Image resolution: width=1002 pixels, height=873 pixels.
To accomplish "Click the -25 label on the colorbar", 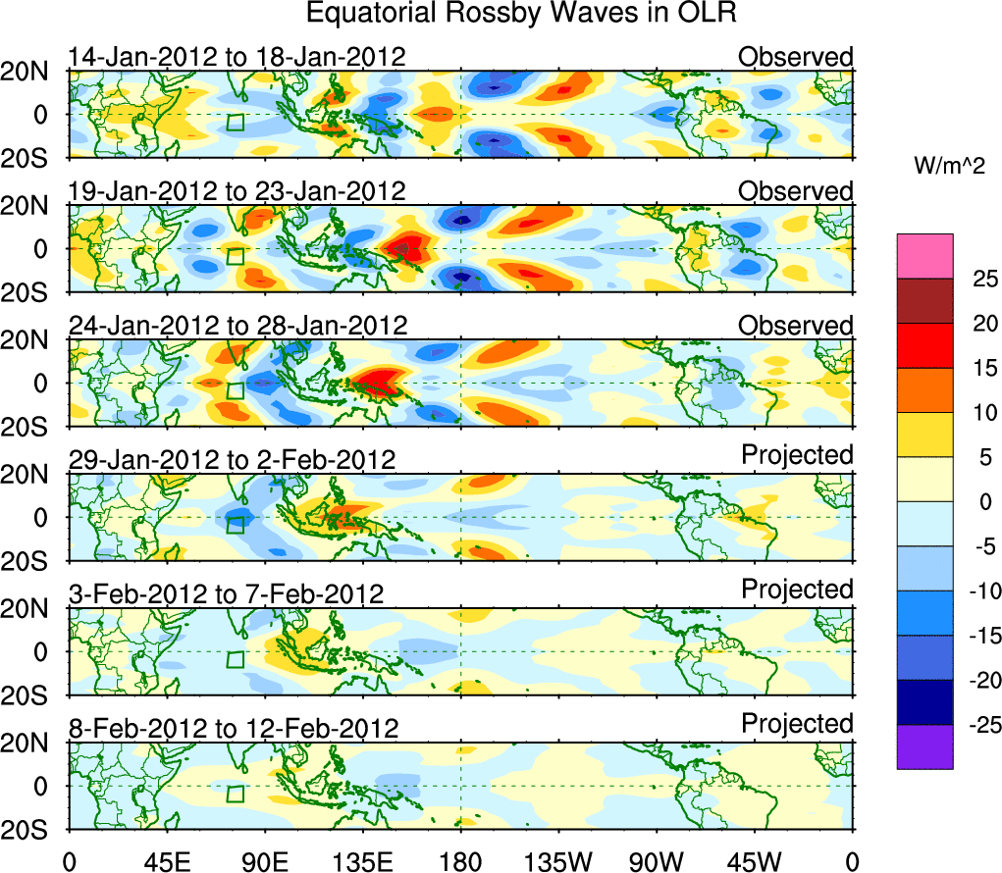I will pos(978,725).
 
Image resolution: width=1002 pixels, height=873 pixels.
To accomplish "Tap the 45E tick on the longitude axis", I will pos(165,860).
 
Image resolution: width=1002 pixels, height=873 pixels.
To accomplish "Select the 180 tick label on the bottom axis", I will pos(460,860).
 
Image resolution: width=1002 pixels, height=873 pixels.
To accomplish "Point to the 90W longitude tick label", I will pos(656,860).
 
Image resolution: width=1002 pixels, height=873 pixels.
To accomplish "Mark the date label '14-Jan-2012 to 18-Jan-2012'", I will pos(237,57).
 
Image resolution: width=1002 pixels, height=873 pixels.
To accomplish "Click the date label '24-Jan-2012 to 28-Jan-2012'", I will pos(237,326).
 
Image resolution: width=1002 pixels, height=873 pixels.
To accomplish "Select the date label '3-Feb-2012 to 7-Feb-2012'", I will pos(227,594).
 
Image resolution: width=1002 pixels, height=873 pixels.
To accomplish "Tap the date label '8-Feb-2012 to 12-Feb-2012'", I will pos(234,729).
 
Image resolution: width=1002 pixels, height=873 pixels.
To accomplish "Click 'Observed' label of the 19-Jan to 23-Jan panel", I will pos(796,191).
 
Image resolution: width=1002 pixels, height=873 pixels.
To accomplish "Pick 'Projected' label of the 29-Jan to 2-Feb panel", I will pos(797,455).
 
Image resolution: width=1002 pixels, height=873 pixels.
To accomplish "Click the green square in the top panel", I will pos(235,122).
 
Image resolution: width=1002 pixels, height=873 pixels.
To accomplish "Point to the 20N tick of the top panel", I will pos(31,71).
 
